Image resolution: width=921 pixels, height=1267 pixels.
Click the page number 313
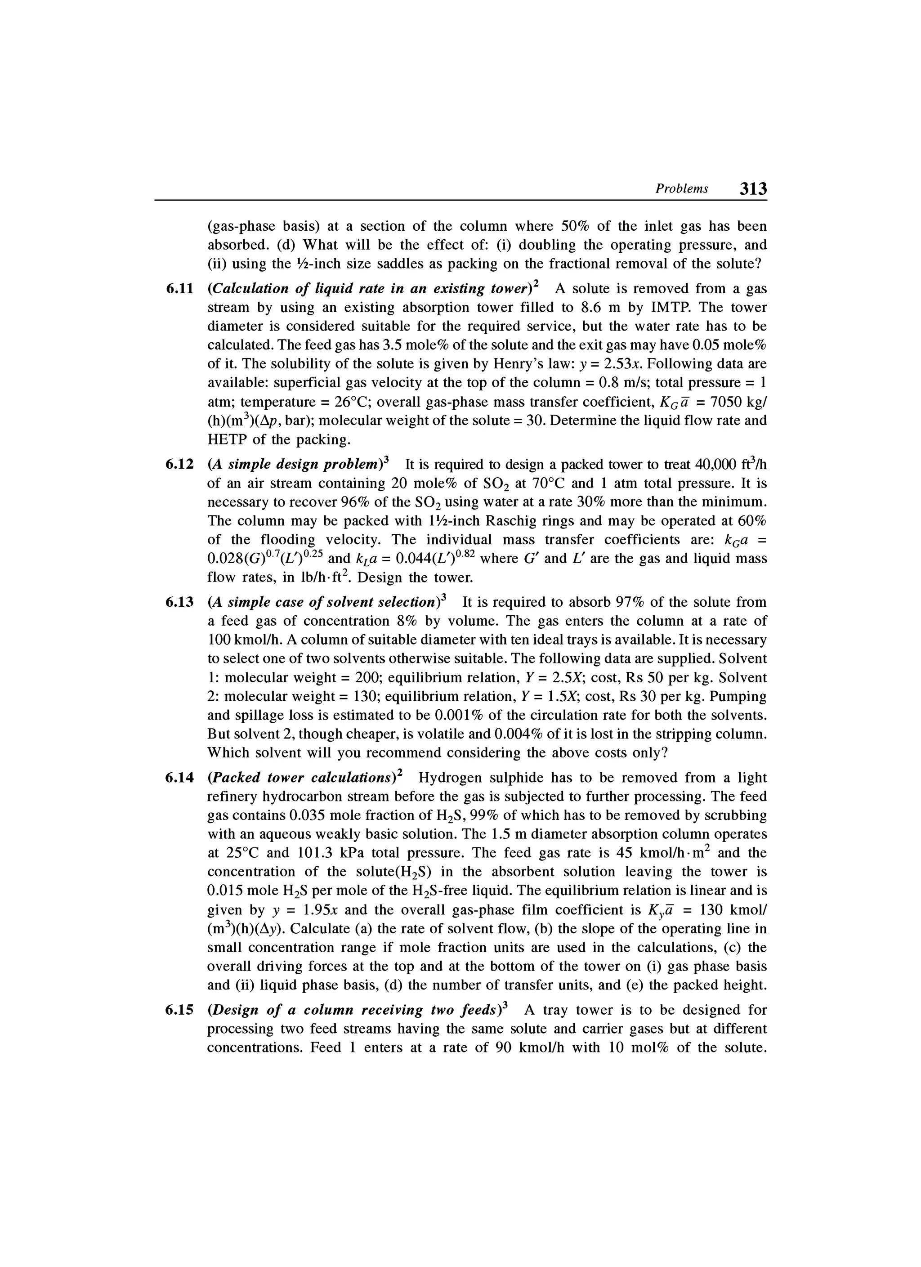[753, 189]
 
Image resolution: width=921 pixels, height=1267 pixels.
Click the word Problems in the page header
[681, 189]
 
